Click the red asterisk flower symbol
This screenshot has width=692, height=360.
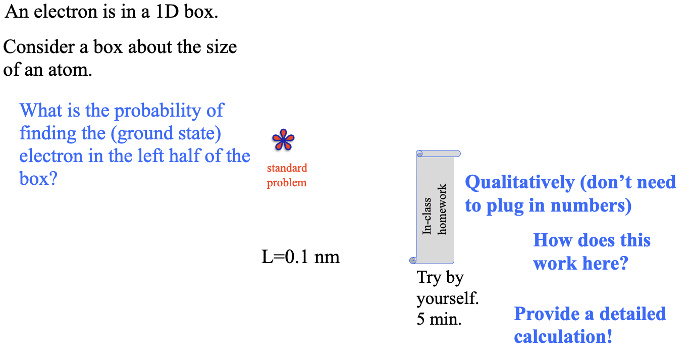[283, 141]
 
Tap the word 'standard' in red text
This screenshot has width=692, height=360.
[287, 168]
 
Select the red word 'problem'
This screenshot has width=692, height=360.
[287, 183]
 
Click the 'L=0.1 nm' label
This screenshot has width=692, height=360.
[300, 258]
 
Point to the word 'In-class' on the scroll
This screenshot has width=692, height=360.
[427, 216]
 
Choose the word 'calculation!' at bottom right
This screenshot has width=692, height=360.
[563, 337]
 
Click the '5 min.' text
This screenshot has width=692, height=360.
[439, 320]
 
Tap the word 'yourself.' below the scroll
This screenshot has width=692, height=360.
[447, 298]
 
